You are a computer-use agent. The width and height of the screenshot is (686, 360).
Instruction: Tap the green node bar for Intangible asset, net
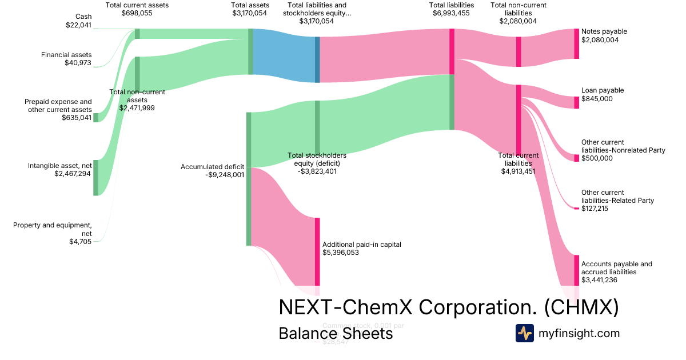pyautogui.click(x=96, y=178)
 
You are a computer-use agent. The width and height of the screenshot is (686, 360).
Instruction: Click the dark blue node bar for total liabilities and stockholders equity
pyautogui.click(x=317, y=59)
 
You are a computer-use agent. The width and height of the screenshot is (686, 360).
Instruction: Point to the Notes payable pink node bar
pyautogui.click(x=576, y=43)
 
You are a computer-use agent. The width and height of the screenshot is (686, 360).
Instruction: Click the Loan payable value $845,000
pyautogui.click(x=597, y=99)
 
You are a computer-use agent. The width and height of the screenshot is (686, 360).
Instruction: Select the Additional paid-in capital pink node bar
pyautogui.click(x=317, y=251)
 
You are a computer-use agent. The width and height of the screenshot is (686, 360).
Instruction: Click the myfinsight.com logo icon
pyautogui.click(x=524, y=333)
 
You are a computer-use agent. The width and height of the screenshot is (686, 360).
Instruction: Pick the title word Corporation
pyautogui.click(x=478, y=307)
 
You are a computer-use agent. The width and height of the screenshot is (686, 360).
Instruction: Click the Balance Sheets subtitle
pyautogui.click(x=336, y=333)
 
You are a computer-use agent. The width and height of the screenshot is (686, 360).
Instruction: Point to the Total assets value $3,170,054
pyautogui.click(x=249, y=14)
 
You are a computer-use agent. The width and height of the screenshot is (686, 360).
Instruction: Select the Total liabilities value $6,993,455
pyautogui.click(x=452, y=14)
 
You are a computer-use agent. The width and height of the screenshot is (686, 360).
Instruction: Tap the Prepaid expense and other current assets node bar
pyautogui.click(x=96, y=118)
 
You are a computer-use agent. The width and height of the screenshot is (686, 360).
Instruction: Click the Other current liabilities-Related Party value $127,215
pyautogui.click(x=595, y=209)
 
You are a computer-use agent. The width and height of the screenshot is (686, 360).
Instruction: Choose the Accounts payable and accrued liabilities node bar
pyautogui.click(x=576, y=270)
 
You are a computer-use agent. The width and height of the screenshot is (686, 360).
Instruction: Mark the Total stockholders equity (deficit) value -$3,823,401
pyautogui.click(x=317, y=171)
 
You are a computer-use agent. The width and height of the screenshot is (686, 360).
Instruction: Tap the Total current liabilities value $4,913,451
pyautogui.click(x=519, y=171)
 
